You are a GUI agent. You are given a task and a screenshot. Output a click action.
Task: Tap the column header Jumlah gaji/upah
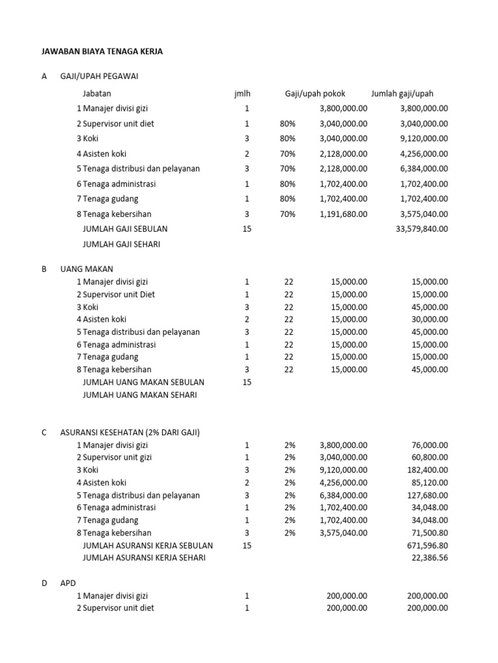(402, 94)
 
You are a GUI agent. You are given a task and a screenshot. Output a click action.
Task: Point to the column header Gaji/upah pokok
(315, 94)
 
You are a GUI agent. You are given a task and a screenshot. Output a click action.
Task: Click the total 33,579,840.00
(421, 229)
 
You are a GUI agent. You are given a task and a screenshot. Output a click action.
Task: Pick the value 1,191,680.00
(343, 214)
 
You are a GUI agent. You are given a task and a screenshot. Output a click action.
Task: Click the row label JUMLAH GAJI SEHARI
(121, 244)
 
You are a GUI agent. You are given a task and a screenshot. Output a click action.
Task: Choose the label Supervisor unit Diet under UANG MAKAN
(119, 295)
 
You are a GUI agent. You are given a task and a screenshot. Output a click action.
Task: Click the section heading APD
(68, 583)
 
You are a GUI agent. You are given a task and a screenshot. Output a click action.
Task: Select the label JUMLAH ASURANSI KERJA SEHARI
(144, 558)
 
